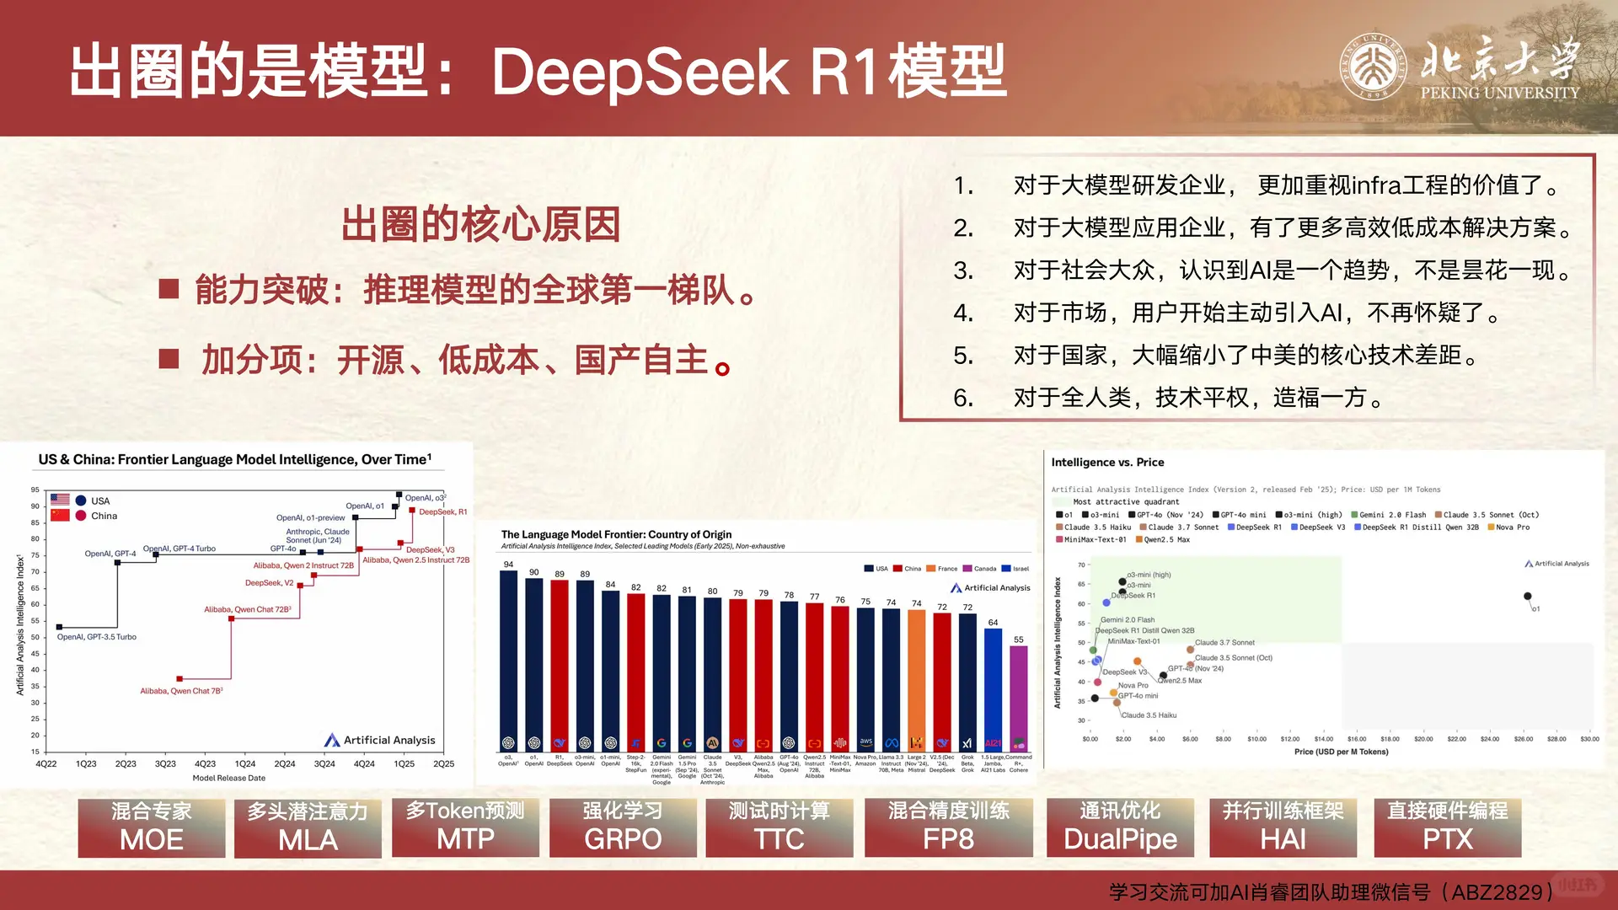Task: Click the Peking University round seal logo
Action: (1373, 67)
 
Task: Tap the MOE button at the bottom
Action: (152, 827)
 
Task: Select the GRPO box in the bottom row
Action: (623, 827)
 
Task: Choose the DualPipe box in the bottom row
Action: (1120, 827)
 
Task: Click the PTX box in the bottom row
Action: (1447, 827)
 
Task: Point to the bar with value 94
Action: (508, 657)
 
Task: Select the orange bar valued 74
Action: (916, 678)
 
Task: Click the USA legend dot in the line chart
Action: (81, 500)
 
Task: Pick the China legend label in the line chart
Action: (104, 517)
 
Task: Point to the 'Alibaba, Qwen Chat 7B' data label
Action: (181, 691)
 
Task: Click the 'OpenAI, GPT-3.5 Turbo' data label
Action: (97, 637)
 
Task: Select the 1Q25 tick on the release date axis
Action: (404, 764)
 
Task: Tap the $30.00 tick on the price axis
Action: (1589, 739)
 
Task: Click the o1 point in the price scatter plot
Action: (1527, 597)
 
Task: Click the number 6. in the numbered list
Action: (963, 398)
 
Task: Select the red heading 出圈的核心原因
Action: (480, 224)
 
